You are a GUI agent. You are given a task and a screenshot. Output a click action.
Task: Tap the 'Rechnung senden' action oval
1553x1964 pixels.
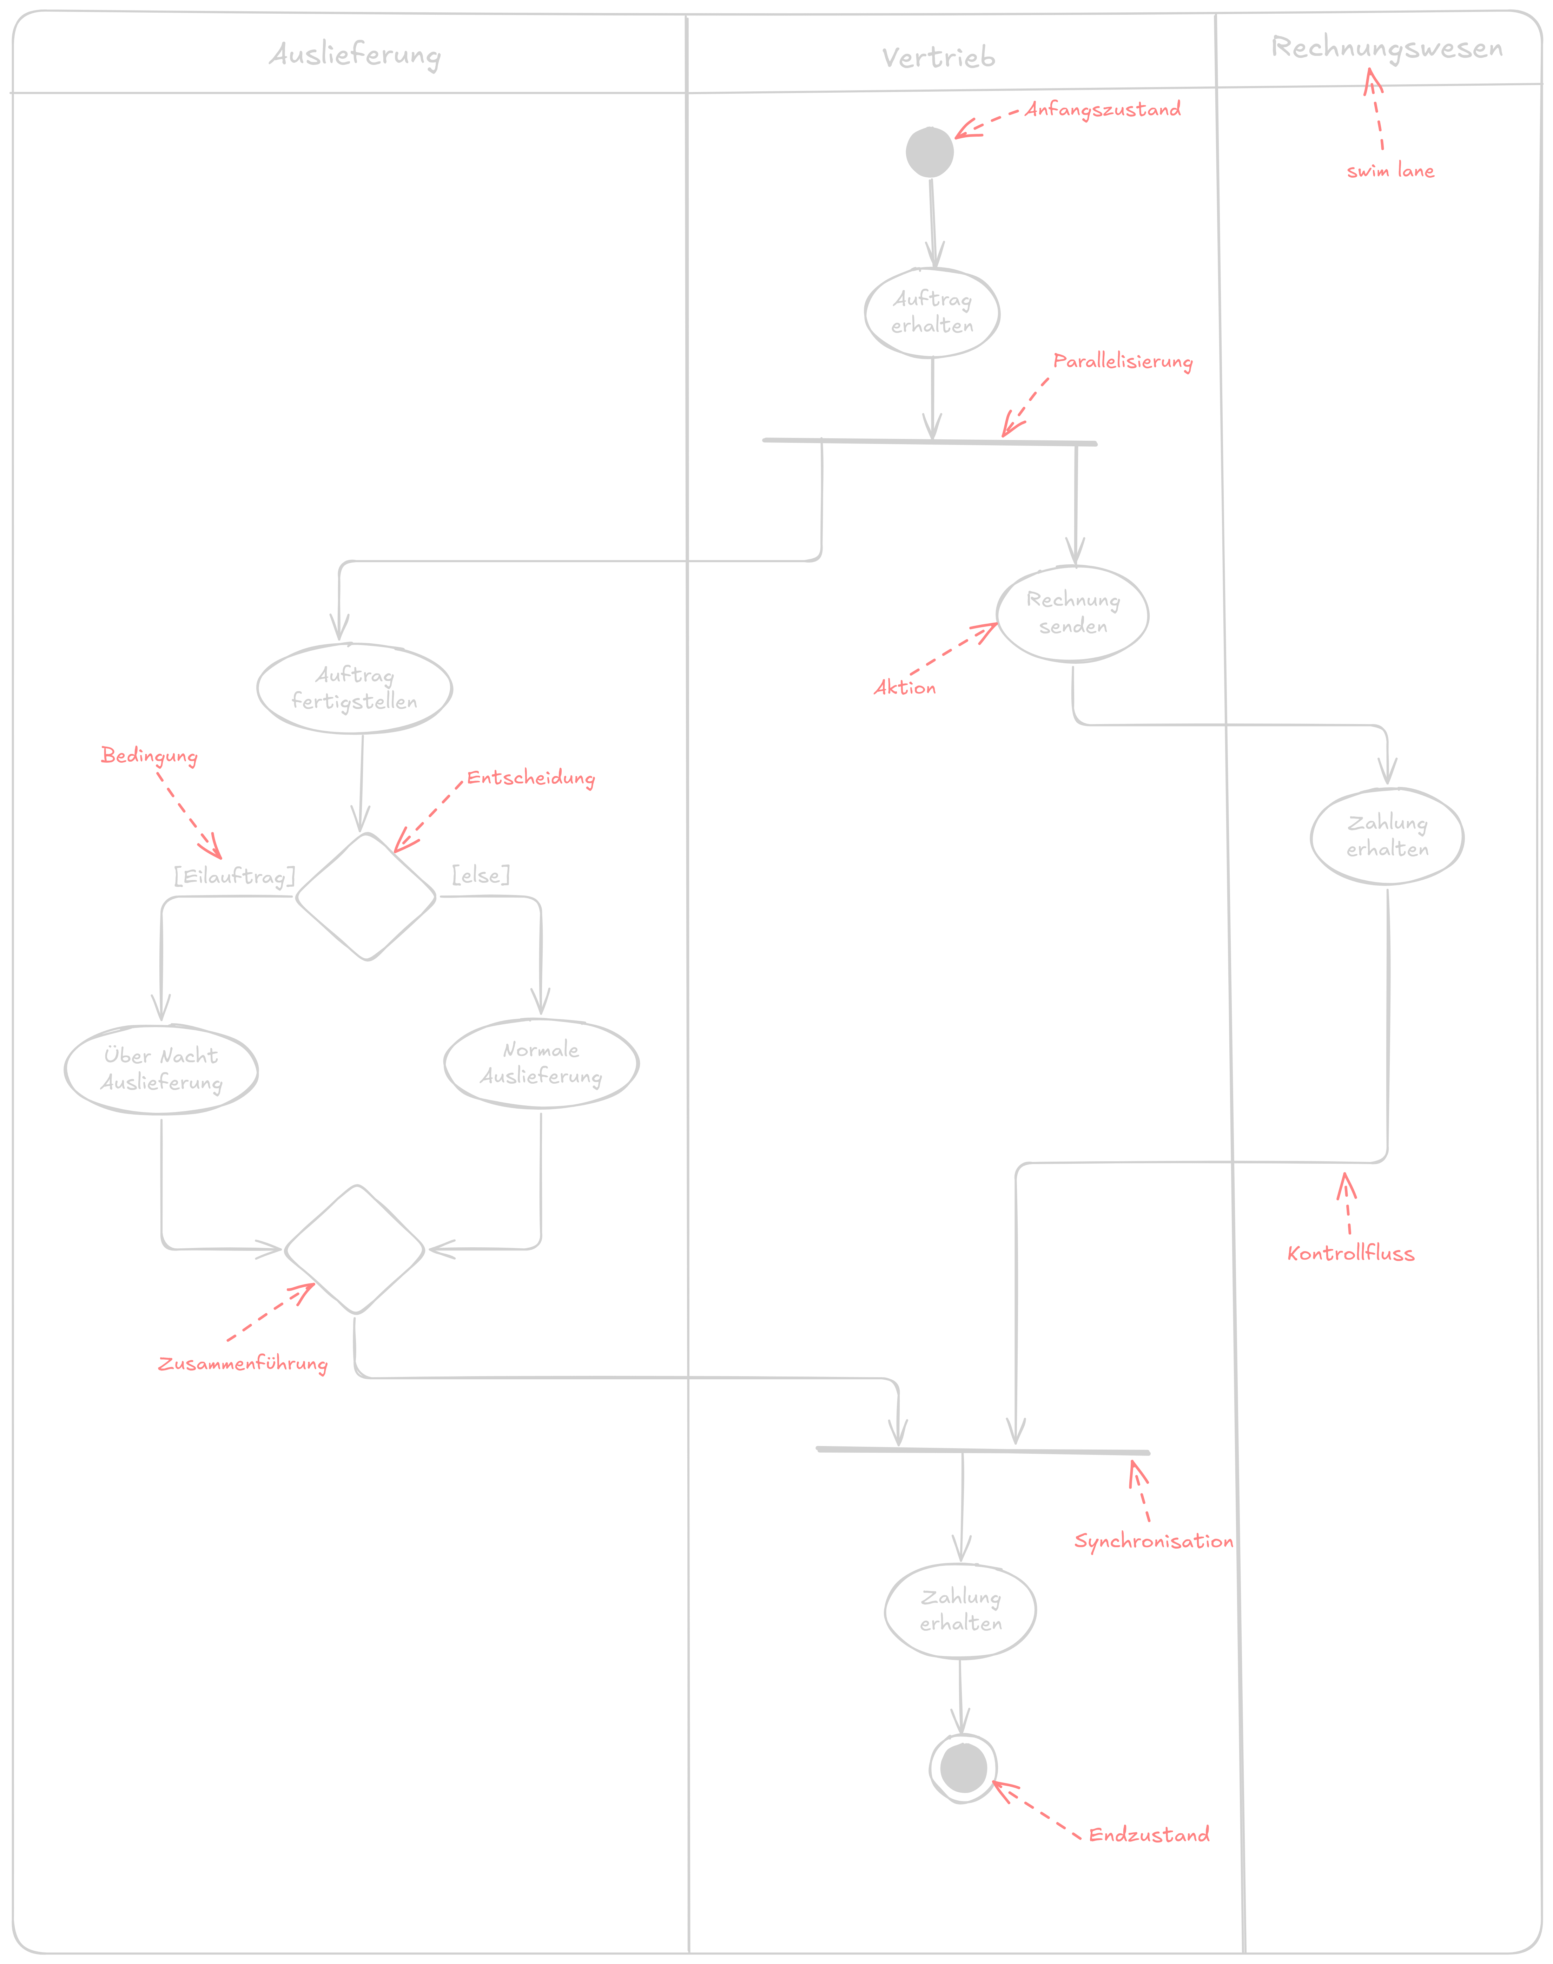1073,613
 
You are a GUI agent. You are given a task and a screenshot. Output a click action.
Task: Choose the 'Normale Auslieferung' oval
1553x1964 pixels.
541,1063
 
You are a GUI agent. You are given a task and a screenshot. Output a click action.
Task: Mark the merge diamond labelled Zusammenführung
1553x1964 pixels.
355,1249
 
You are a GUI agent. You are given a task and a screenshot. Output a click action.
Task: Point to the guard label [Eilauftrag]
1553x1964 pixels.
234,876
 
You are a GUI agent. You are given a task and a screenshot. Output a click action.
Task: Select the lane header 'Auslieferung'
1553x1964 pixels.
355,54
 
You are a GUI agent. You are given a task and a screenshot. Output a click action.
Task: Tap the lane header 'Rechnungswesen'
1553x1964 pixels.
1387,47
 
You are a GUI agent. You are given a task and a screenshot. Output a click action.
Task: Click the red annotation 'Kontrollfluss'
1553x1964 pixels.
1350,1254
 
